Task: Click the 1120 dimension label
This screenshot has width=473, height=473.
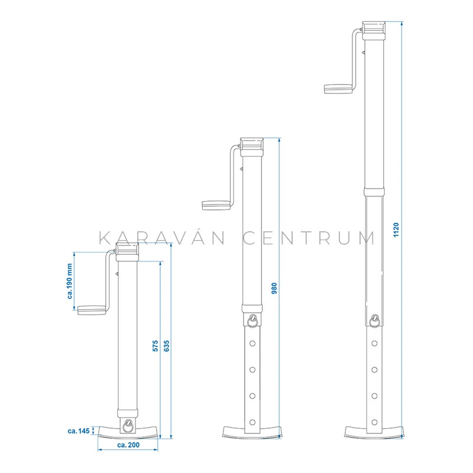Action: click(396, 230)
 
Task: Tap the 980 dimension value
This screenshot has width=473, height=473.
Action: click(274, 289)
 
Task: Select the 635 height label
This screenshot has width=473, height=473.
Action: click(167, 346)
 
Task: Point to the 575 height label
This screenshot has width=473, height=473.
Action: click(155, 346)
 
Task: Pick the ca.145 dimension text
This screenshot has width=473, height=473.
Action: click(79, 431)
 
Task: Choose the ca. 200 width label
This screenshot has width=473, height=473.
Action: click(128, 445)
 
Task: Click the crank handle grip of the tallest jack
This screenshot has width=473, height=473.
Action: click(338, 89)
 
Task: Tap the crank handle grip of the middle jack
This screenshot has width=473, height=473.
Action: click(216, 205)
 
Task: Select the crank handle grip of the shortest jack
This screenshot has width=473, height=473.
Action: click(92, 310)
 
